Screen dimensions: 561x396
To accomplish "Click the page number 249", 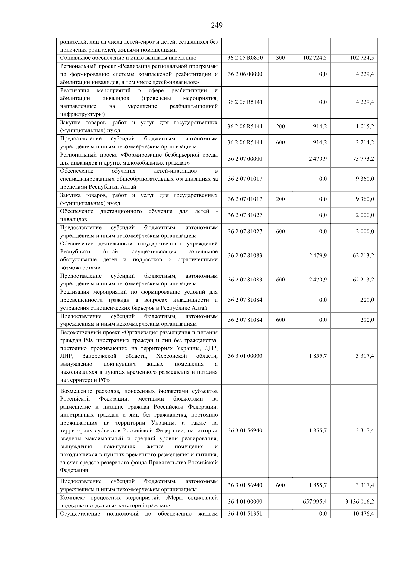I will click(217, 25).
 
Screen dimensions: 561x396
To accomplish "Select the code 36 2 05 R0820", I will click(245, 58).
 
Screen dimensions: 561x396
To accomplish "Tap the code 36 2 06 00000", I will click(245, 74).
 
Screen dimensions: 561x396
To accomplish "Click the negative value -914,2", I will click(319, 142).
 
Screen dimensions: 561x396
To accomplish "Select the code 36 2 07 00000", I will click(245, 159).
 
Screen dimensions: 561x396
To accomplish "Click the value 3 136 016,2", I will click(359, 501).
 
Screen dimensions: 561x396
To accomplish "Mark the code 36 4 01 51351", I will click(245, 513).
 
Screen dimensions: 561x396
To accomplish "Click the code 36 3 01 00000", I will click(245, 356).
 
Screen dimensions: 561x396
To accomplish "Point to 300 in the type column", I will click(280, 58).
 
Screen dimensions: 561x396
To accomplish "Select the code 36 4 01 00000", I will click(245, 501).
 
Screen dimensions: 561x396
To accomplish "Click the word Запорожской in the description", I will click(100, 356).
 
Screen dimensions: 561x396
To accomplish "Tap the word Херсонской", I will click(172, 356).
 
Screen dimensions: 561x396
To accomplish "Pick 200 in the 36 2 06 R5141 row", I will click(280, 126).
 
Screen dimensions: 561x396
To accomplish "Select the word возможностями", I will click(80, 268).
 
